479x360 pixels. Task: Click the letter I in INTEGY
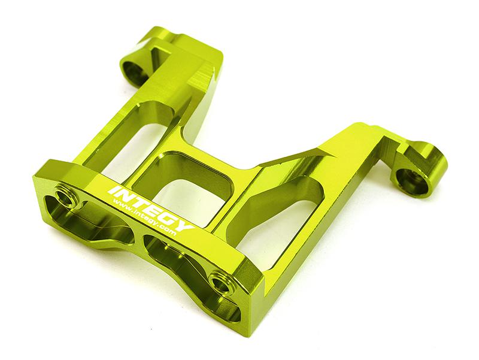pos(112,190)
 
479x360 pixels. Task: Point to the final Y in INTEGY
pos(186,226)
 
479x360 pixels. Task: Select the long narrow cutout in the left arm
pos(129,141)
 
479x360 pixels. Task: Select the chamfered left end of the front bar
pos(42,186)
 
